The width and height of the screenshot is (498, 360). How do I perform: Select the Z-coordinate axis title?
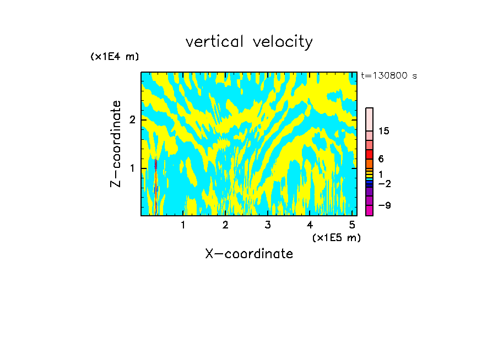(116, 144)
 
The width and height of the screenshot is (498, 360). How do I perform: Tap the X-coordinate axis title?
(249, 254)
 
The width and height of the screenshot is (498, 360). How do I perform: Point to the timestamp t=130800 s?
(388, 76)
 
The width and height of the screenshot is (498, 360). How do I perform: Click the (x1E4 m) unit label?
(115, 57)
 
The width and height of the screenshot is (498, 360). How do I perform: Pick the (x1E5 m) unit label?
(336, 237)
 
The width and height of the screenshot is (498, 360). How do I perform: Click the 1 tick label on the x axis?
(183, 225)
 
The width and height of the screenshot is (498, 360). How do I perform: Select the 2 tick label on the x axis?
(225, 225)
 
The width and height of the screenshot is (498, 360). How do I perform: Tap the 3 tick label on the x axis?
(268, 225)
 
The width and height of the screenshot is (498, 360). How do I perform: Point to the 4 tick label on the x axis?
(310, 225)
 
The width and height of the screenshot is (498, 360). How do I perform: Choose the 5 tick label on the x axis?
(353, 225)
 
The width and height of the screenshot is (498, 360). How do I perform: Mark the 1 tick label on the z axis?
(132, 168)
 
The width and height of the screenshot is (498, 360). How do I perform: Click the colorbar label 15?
(384, 131)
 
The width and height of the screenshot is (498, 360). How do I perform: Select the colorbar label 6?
(381, 159)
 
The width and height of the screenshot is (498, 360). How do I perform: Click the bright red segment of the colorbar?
(369, 154)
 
